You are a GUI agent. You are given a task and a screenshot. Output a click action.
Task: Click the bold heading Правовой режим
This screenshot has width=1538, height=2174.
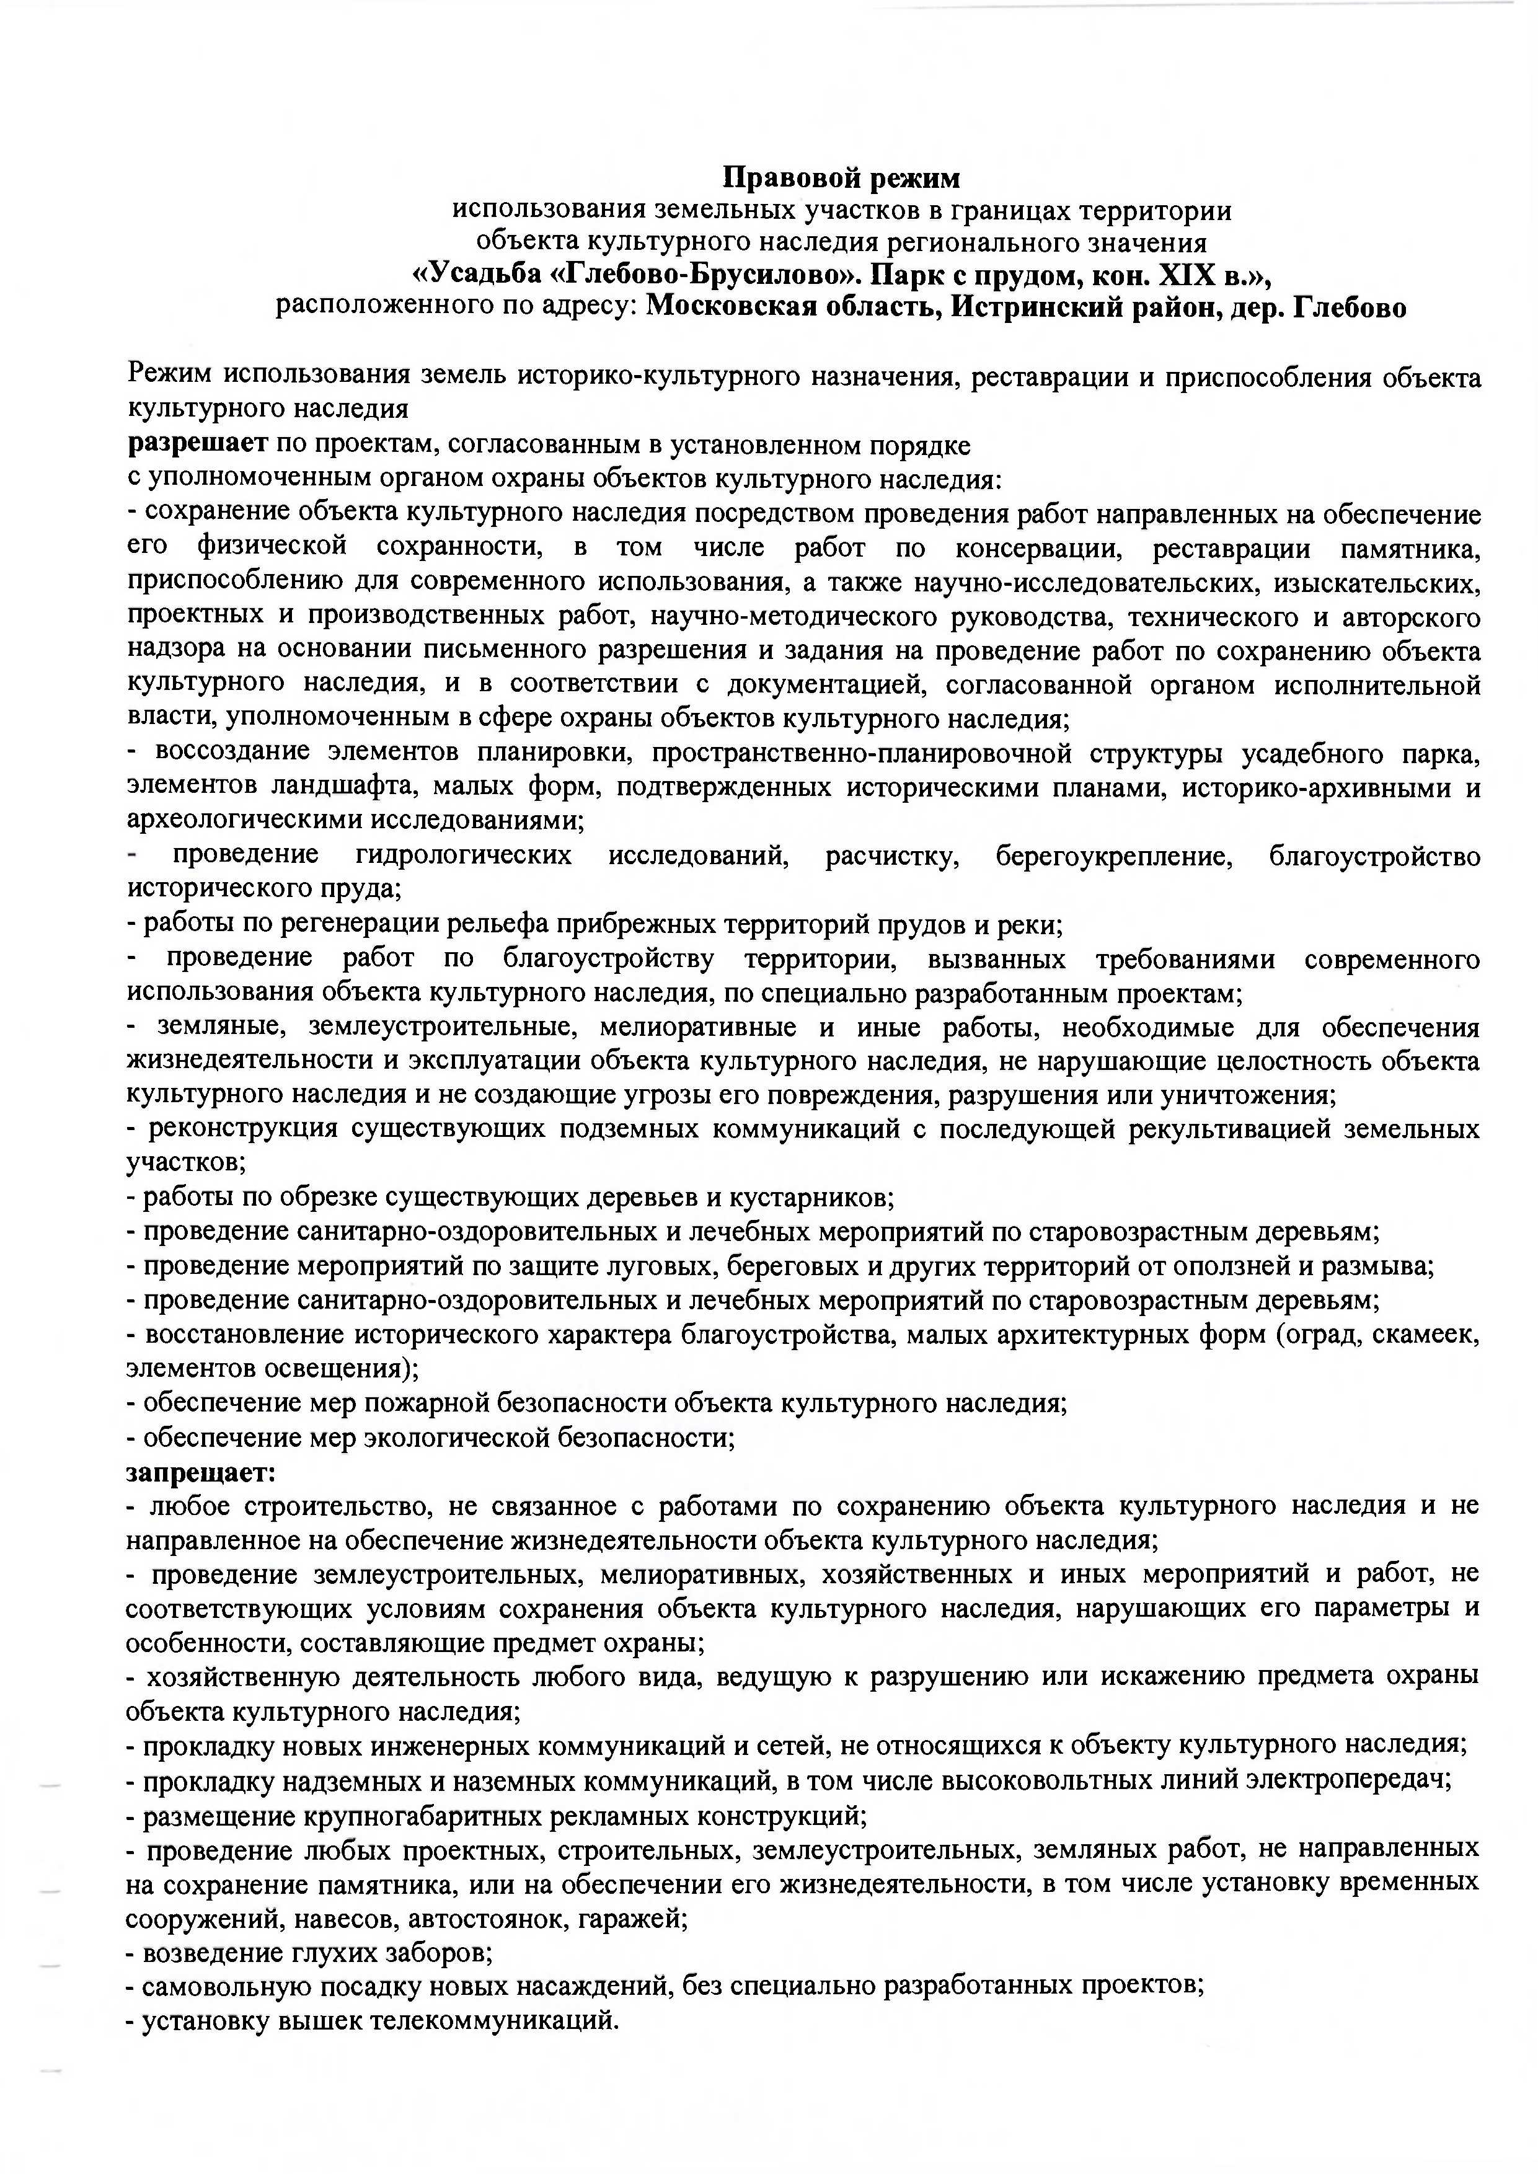pyautogui.click(x=842, y=177)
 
